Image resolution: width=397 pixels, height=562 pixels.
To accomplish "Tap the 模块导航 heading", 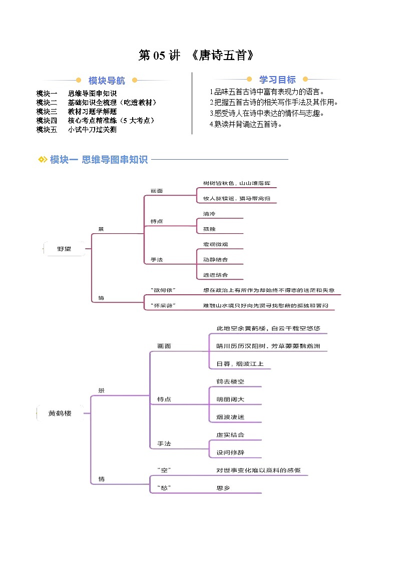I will tap(107, 81).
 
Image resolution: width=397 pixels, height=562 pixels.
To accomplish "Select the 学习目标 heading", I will tap(277, 80).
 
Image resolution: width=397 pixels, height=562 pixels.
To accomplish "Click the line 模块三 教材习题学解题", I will tap(77, 112).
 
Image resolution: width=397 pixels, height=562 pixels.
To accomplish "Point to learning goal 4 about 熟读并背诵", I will tap(246, 125).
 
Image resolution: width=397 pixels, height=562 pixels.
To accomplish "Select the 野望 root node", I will tap(64, 248).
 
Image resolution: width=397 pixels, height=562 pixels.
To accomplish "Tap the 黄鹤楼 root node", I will tap(60, 413).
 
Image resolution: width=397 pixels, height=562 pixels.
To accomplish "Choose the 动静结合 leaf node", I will tap(215, 260).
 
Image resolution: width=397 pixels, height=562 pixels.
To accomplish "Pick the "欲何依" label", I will tap(163, 290).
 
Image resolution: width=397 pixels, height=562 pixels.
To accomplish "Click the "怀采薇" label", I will tap(163, 305).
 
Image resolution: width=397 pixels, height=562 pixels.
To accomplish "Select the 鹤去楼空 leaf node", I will tap(230, 382).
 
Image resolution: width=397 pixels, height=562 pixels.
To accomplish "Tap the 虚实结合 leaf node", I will tap(230, 435).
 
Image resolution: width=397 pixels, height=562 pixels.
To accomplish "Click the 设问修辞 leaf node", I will tap(230, 452).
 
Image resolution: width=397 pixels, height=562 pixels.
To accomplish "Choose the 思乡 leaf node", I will tap(223, 488).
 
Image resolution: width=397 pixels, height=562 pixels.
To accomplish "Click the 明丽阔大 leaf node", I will tap(230, 399).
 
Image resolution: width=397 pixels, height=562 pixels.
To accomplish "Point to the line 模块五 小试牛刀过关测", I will tap(77, 130).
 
